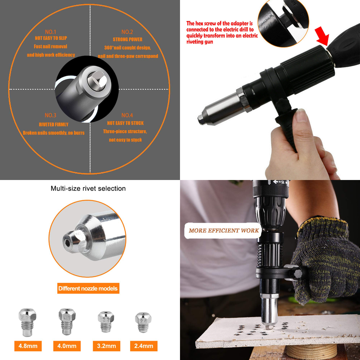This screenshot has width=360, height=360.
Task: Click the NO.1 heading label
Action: pos(51,31)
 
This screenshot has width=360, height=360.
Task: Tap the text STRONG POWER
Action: pos(127,39)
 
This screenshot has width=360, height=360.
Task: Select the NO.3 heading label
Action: pos(51,115)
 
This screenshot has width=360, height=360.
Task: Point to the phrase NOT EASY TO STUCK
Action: pos(125,123)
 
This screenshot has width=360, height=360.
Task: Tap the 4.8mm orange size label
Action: pos(28,346)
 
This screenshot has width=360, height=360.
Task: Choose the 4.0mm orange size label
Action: pos(67,346)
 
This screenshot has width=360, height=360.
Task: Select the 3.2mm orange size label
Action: pos(106,346)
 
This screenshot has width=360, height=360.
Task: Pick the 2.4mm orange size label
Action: pos(144,346)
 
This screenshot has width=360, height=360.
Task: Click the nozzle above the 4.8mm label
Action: pos(27,322)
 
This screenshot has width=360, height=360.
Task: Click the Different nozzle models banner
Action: pos(88,288)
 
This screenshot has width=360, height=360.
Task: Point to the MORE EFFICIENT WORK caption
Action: pos(223,231)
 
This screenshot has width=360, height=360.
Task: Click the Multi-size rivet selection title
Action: pos(88,189)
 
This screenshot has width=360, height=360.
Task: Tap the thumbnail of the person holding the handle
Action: pos(270,90)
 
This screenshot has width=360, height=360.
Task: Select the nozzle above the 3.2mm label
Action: pos(106,322)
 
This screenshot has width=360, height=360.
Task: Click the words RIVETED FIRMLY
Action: pos(54,124)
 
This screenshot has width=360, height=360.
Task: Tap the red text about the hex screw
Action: pos(222,32)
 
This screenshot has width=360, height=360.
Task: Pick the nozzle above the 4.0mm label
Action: pos(67,322)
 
